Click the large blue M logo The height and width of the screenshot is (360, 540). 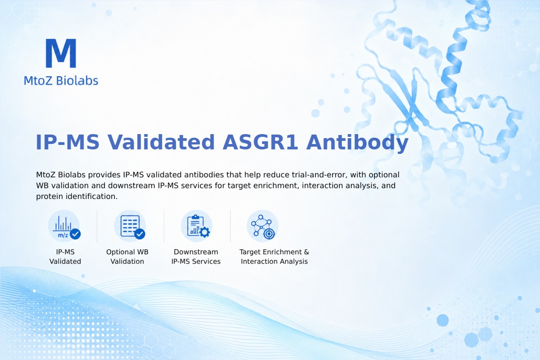click(x=61, y=53)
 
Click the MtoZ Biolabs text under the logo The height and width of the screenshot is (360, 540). click(x=61, y=81)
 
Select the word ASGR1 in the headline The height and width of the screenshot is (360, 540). click(x=260, y=142)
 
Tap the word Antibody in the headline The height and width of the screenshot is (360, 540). click(x=357, y=143)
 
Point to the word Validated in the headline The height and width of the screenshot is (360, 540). click(x=161, y=142)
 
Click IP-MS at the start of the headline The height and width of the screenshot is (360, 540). click(x=67, y=142)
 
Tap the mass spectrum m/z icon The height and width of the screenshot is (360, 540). click(x=64, y=226)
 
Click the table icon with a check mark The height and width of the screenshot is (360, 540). click(x=130, y=226)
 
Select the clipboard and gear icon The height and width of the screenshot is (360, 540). click(x=197, y=226)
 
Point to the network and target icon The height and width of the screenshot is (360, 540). click(x=262, y=226)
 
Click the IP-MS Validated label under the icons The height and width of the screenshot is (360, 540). click(x=65, y=256)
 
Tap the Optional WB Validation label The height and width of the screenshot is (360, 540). click(x=127, y=256)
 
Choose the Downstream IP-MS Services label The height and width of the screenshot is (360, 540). click(x=196, y=256)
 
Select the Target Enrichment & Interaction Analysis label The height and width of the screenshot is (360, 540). click(x=274, y=256)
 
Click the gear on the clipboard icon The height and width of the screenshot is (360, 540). click(x=205, y=232)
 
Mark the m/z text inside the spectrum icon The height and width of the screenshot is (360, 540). click(x=63, y=235)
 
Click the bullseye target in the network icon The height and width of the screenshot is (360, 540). click(x=269, y=234)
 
